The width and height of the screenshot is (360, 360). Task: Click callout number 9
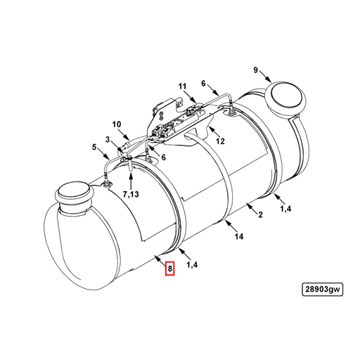(256, 70)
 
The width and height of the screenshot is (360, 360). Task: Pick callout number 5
(94, 147)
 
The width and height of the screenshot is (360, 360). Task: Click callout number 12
(220, 141)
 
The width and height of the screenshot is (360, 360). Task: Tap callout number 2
(260, 214)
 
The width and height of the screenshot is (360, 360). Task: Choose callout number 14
(239, 237)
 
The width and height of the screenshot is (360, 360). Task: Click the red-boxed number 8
(169, 268)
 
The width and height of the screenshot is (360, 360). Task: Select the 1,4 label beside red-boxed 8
(193, 264)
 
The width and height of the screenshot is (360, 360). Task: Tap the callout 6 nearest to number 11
(204, 84)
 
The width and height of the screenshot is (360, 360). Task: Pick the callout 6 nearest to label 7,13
(163, 157)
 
